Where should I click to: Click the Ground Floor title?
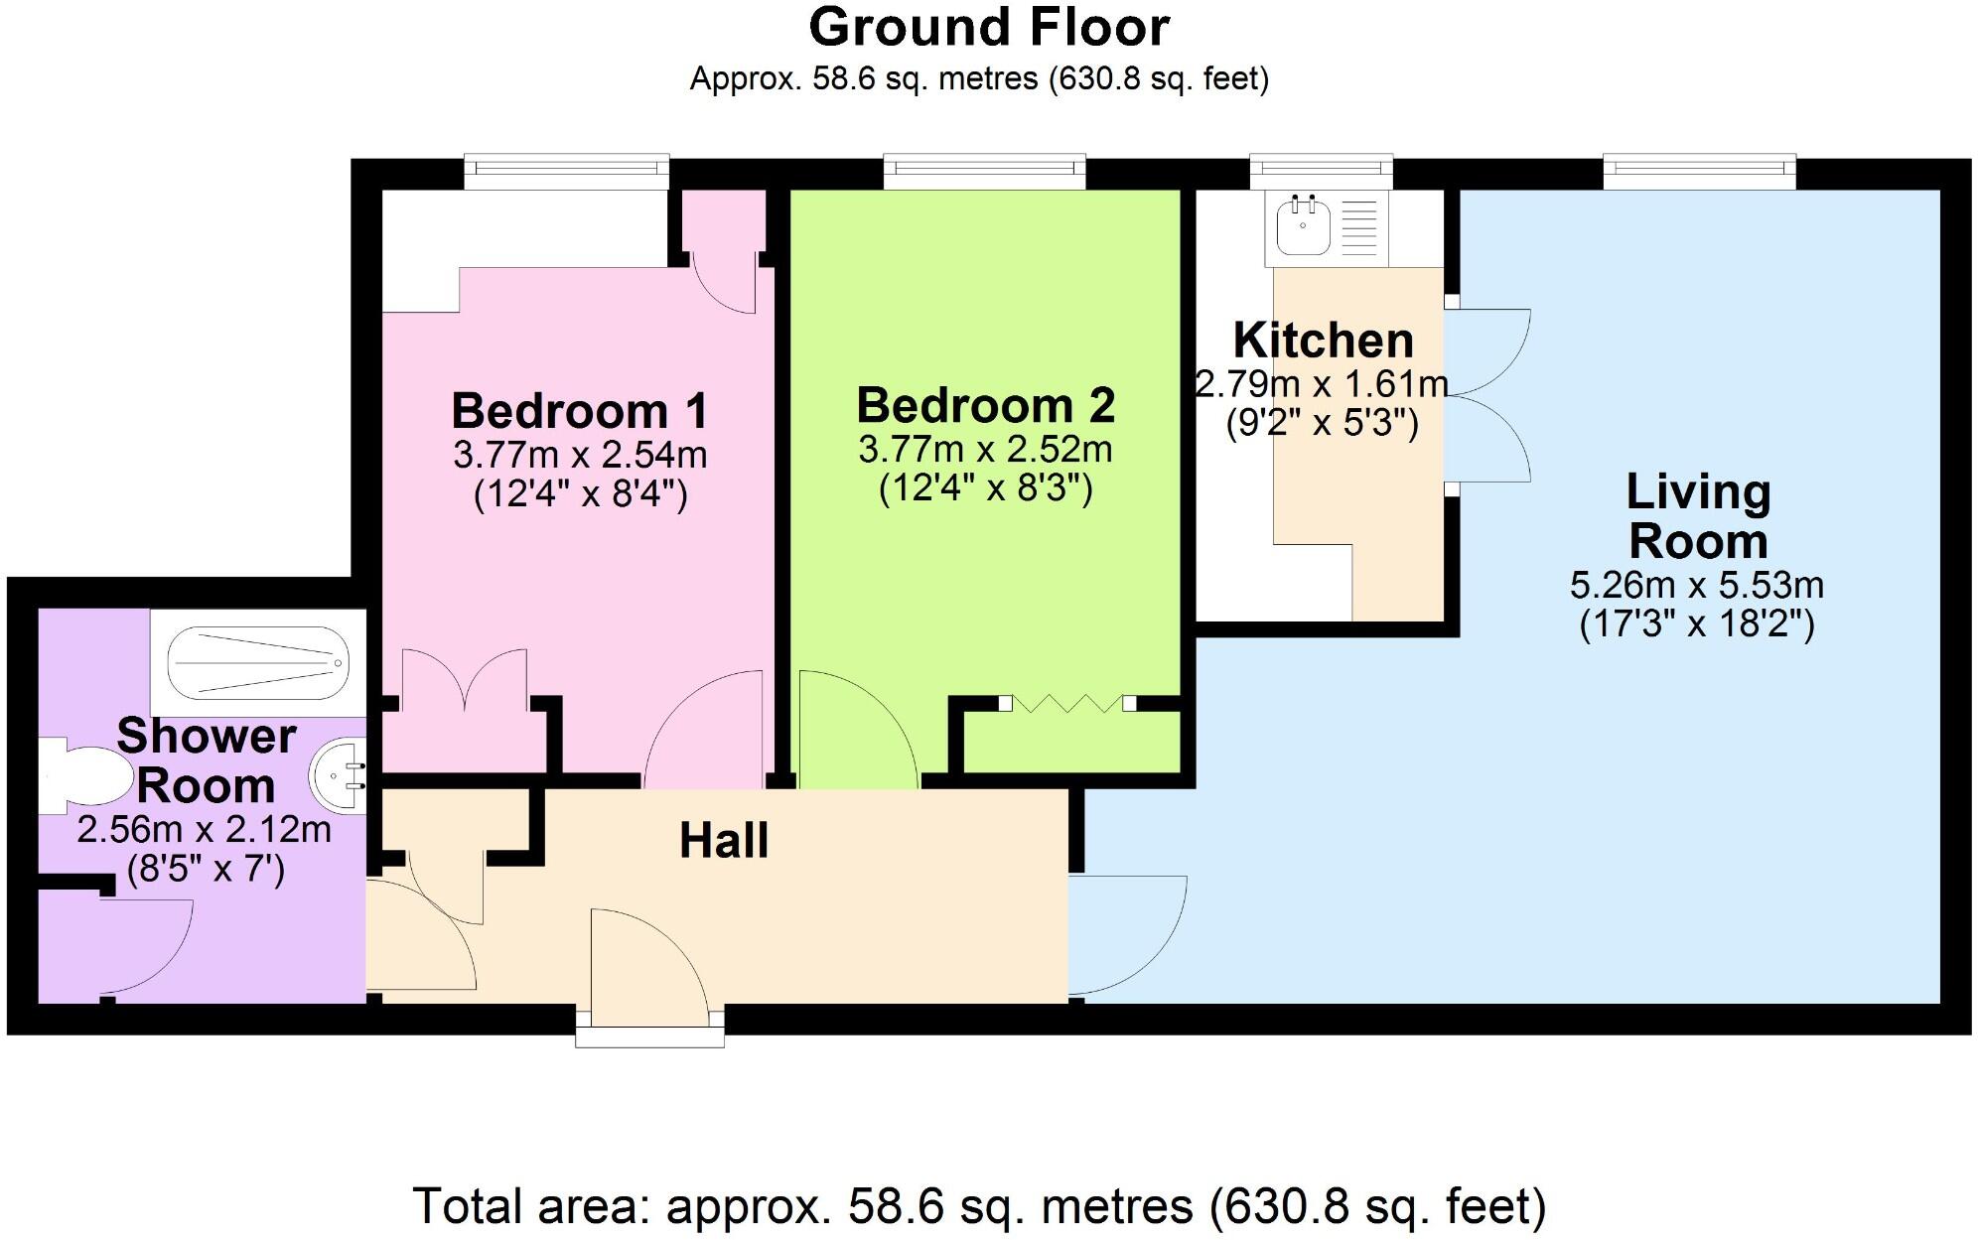click(x=989, y=28)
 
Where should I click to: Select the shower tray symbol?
click(x=257, y=663)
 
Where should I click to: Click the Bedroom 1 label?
click(x=580, y=410)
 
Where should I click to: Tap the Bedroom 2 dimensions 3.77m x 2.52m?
click(x=985, y=450)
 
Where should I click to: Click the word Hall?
click(x=723, y=841)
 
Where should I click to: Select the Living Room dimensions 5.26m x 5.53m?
click(x=1696, y=585)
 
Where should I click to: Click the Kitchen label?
click(x=1323, y=341)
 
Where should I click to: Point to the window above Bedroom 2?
click(x=984, y=171)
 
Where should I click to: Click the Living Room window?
click(x=1699, y=171)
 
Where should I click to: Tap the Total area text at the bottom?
click(x=979, y=1206)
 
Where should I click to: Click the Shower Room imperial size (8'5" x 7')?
click(x=206, y=870)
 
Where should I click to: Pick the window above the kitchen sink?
click(x=1321, y=171)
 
